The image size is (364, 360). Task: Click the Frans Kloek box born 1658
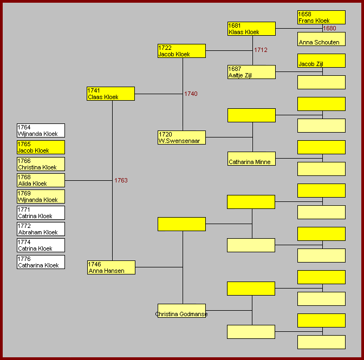[x=321, y=17]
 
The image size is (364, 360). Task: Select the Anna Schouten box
[x=321, y=39]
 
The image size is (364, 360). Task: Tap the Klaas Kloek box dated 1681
[x=251, y=29]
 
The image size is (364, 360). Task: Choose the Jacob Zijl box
[x=321, y=61]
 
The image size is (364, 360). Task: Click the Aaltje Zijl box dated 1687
[x=251, y=72]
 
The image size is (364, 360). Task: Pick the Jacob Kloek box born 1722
[x=181, y=51]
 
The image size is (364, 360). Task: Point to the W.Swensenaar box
[x=181, y=138]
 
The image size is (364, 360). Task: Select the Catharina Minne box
[x=251, y=159]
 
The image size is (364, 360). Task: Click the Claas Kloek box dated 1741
[x=111, y=94]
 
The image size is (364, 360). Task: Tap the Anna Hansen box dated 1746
[x=111, y=267]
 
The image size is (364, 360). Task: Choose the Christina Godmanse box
[x=181, y=311]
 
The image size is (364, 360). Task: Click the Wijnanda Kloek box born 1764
[x=41, y=130]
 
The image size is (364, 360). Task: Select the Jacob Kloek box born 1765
[x=41, y=147]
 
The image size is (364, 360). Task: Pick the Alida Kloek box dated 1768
[x=41, y=180]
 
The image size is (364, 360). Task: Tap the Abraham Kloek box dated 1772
[x=41, y=229]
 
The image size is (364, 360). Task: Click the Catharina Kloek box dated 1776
[x=41, y=262]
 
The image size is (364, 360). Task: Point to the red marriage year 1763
[x=121, y=180]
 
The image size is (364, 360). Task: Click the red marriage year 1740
[x=191, y=94]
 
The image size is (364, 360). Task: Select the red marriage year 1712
[x=261, y=50]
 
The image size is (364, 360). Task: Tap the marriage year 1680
[x=329, y=28]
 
